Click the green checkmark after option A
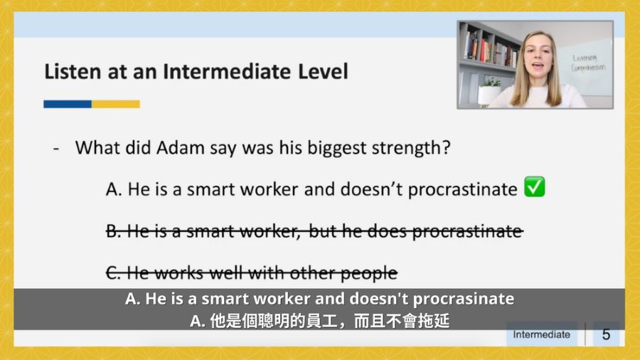[x=535, y=187]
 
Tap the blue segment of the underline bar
[x=68, y=104]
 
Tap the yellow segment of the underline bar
[x=116, y=104]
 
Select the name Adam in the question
[x=181, y=147]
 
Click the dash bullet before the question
[x=56, y=149]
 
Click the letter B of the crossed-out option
[x=112, y=231]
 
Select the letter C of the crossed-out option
[x=112, y=272]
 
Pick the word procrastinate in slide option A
[x=463, y=190]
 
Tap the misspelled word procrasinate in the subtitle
[x=464, y=300]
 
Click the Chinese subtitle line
[x=319, y=321]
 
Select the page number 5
[x=606, y=334]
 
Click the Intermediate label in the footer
[x=542, y=334]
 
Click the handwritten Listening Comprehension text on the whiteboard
[x=588, y=63]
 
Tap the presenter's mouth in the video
[x=538, y=65]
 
